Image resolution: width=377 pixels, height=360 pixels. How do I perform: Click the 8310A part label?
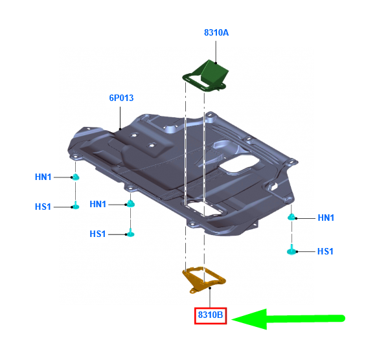click(x=216, y=32)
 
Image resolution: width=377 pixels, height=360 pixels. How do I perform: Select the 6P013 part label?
click(x=121, y=98)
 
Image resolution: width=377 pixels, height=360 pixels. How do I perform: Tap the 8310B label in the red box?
click(x=211, y=315)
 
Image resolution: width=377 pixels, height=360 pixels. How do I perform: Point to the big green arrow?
click(x=288, y=319)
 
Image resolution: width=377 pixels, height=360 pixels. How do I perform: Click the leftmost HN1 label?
click(x=43, y=177)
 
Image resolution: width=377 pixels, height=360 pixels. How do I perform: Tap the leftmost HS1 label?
click(x=43, y=207)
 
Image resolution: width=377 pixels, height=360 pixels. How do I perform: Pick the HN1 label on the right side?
click(x=326, y=218)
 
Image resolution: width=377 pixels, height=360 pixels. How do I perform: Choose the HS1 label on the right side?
click(x=325, y=252)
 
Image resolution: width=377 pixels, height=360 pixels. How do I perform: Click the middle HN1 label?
click(x=98, y=204)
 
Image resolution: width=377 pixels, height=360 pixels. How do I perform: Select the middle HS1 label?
click(x=97, y=234)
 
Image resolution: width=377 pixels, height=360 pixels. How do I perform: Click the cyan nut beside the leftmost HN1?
click(x=76, y=177)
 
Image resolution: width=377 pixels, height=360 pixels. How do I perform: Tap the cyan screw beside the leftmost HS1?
click(x=76, y=206)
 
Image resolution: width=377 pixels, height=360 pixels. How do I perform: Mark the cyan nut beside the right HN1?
click(x=291, y=217)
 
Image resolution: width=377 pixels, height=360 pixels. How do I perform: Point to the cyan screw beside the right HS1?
click(x=291, y=250)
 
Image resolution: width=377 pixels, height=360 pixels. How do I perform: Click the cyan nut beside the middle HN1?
click(x=131, y=203)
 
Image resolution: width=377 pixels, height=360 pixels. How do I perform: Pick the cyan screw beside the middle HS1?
click(x=131, y=233)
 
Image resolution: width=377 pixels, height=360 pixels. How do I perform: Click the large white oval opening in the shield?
click(x=239, y=163)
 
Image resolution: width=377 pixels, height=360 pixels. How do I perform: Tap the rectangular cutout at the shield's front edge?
click(x=203, y=208)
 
